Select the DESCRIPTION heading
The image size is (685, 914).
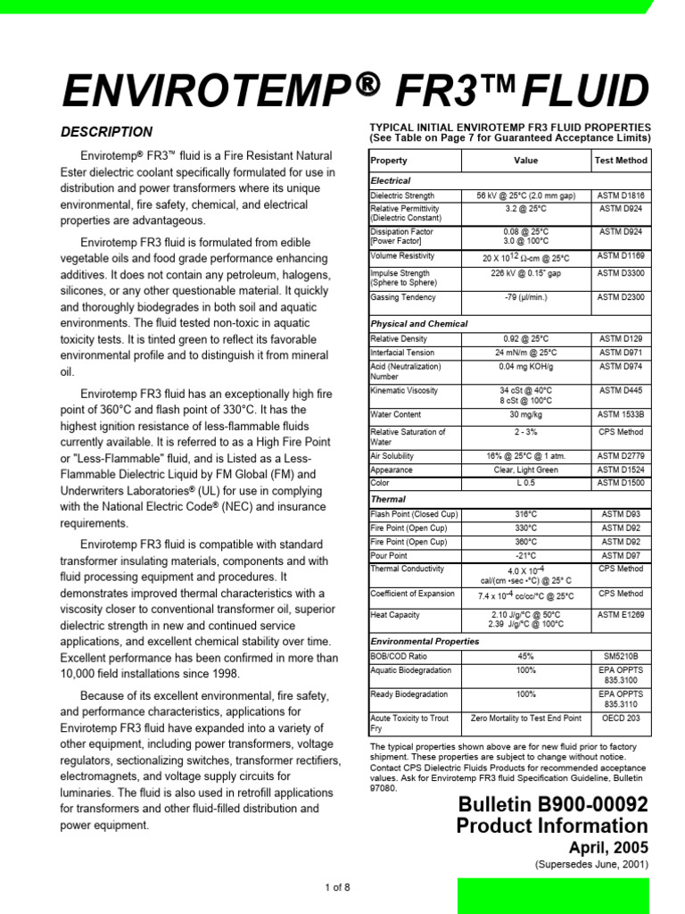[x=106, y=132]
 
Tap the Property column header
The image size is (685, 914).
[x=389, y=161]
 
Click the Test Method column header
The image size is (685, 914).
[x=621, y=161]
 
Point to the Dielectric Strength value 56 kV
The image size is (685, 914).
[x=526, y=195]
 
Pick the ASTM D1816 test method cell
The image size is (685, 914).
[x=621, y=195]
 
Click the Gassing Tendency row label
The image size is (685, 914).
[x=403, y=297]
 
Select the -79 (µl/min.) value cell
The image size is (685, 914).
[x=526, y=297]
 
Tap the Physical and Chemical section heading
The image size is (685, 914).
[x=419, y=323]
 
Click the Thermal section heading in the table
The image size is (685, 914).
[x=388, y=499]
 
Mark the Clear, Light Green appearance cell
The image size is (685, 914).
[x=526, y=469]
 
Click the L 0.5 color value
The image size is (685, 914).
[x=526, y=483]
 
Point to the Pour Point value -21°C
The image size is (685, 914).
[x=526, y=555]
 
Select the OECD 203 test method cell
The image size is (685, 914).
[x=621, y=718]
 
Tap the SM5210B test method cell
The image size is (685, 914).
[x=621, y=655]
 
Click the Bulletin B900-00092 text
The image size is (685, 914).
[x=553, y=804]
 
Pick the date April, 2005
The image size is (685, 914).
[x=608, y=847]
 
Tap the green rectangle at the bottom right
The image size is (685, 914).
[x=553, y=895]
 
